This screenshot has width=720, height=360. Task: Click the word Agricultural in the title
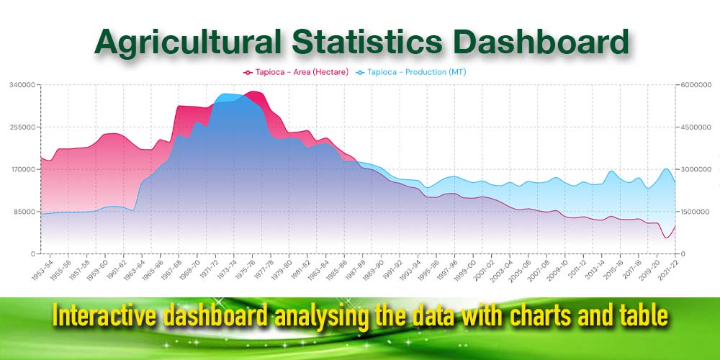(x=188, y=42)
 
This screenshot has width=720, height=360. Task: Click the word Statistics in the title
(x=367, y=42)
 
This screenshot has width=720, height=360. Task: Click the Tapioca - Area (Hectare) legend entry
(x=296, y=72)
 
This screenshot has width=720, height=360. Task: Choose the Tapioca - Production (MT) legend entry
(x=411, y=72)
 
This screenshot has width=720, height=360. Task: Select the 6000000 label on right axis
(x=696, y=85)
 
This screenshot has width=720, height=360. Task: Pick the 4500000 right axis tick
(x=696, y=127)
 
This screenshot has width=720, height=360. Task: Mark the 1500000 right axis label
(x=696, y=212)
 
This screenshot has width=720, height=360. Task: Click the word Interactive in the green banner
(x=105, y=316)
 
